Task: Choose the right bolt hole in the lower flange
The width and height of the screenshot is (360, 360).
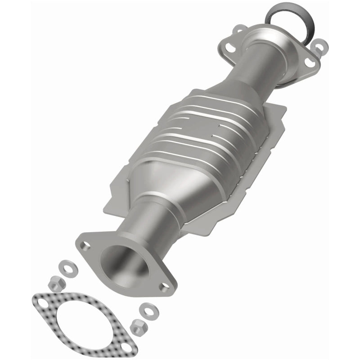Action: tap(164, 286)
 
